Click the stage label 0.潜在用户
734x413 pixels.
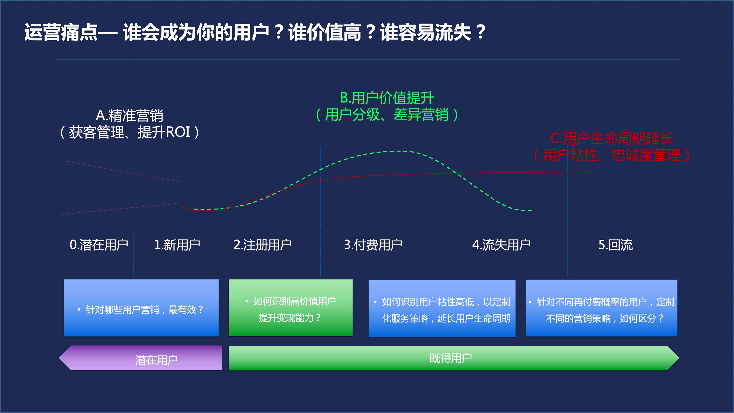(99, 245)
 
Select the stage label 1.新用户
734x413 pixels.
(177, 245)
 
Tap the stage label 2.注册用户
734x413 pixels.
(262, 245)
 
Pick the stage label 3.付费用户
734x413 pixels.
(373, 245)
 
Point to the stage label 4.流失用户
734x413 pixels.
(501, 245)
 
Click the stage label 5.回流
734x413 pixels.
(616, 245)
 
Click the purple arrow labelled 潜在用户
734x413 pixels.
(140, 358)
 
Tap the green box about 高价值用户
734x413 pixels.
(291, 308)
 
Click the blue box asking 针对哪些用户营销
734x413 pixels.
(141, 308)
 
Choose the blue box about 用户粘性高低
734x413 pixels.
(442, 308)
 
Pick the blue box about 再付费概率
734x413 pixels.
(601, 308)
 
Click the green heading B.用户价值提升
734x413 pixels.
(387, 98)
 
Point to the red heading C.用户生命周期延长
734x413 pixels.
(612, 139)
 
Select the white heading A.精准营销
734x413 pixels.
(129, 116)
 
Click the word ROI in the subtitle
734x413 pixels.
(178, 132)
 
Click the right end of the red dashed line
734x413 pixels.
(591, 172)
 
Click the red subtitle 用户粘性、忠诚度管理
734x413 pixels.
(612, 155)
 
